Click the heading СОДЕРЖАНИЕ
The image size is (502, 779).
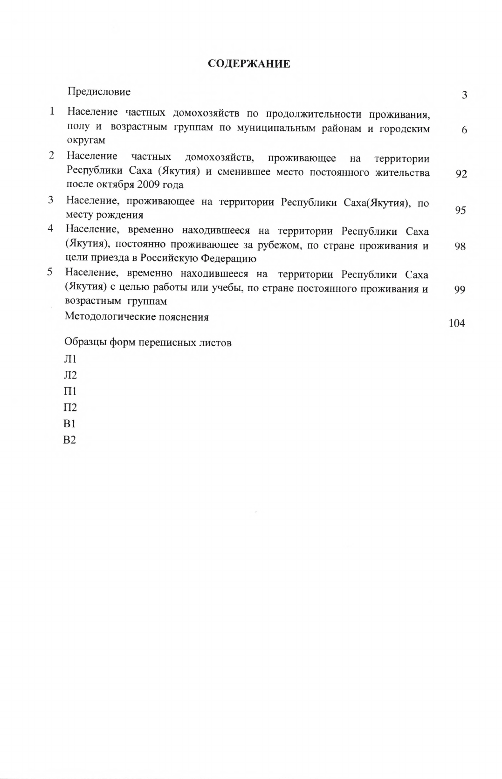pyautogui.click(x=249, y=64)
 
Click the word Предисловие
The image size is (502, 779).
pyautogui.click(x=99, y=92)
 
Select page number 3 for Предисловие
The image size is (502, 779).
pyautogui.click(x=464, y=96)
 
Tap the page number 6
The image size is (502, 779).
pyautogui.click(x=464, y=130)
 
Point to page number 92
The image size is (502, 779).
pyautogui.click(x=461, y=174)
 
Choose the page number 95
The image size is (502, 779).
pyautogui.click(x=460, y=211)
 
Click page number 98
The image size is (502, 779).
pyautogui.click(x=460, y=246)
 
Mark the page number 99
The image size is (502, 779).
pyautogui.click(x=460, y=290)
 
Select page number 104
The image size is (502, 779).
pyautogui.click(x=456, y=323)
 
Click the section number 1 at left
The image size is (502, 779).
pyautogui.click(x=52, y=111)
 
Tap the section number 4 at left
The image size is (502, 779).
pyautogui.click(x=50, y=229)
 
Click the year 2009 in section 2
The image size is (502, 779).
pyautogui.click(x=148, y=184)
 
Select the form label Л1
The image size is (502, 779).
pyautogui.click(x=70, y=359)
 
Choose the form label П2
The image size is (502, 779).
pyautogui.click(x=70, y=408)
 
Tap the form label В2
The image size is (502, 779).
pyautogui.click(x=69, y=440)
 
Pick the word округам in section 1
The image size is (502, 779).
pyautogui.click(x=86, y=140)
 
